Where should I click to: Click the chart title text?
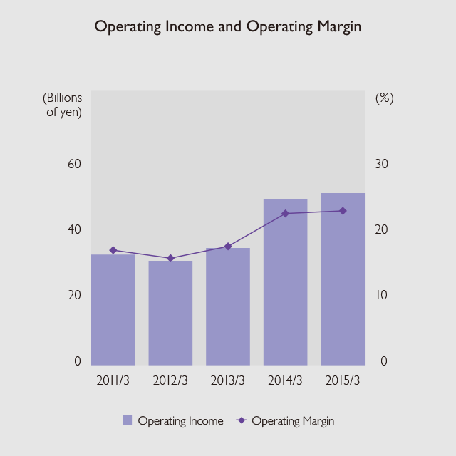tap(228, 27)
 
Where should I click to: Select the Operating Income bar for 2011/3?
tap(113, 310)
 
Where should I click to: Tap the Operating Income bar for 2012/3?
tap(170, 313)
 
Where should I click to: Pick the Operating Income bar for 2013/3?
tap(228, 306)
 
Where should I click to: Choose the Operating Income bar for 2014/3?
tap(285, 282)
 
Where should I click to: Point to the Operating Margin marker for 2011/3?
tap(113, 250)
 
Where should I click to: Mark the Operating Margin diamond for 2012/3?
tap(170, 258)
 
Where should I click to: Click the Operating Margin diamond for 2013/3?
tap(228, 247)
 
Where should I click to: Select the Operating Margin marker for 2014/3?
tap(285, 214)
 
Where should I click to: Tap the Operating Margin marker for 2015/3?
tap(343, 211)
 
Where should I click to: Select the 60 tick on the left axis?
tap(74, 164)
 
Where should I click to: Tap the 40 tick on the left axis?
tap(74, 229)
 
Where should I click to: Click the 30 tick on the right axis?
tap(383, 164)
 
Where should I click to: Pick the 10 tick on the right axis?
tap(383, 295)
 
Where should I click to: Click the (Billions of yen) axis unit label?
tap(63, 105)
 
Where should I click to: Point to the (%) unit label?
tap(384, 98)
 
